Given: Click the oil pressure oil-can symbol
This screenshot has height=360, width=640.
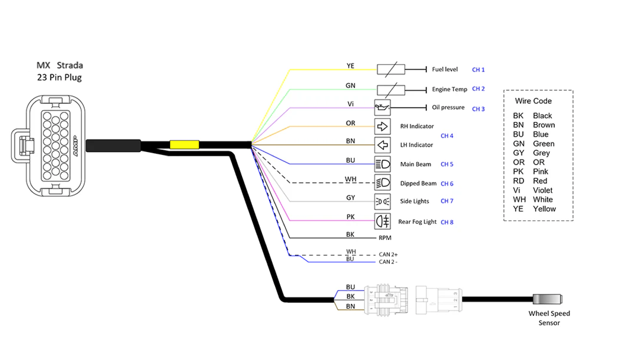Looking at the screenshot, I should pos(382,107).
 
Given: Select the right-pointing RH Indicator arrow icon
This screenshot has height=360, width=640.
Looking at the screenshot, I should pos(382,126).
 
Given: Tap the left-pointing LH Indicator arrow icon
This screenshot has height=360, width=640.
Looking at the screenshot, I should pos(382,145).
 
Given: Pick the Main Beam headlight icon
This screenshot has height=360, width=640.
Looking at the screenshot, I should pos(382,164).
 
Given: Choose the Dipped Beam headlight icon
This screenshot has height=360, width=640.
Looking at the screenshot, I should pos(382,183).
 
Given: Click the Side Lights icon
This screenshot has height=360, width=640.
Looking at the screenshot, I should pos(382,201).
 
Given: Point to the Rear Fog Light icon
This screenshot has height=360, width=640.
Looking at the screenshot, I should pos(382,221).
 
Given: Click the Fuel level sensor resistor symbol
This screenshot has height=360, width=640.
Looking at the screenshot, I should pos(391,69).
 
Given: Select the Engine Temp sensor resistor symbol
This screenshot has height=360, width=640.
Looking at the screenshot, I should pos(391,90).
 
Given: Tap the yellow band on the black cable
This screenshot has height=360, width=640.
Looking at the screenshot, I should pos(184,145).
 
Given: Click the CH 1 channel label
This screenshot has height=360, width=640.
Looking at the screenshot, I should pos(478,70).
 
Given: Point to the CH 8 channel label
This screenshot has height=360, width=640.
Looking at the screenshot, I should pos(447,222).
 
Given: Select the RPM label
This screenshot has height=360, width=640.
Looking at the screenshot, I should pos(385,238).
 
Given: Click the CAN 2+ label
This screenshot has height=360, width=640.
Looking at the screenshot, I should pos(388,254).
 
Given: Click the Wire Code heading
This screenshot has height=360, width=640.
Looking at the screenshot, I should pos(533,101).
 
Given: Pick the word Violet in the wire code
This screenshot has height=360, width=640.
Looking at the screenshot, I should pos(542,190).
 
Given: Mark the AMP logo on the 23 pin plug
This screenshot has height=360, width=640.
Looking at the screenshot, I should pos(75,146).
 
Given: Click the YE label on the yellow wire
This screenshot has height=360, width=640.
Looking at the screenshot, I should pos(350,66).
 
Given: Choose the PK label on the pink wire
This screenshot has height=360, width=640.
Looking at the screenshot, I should pos(350,217).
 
